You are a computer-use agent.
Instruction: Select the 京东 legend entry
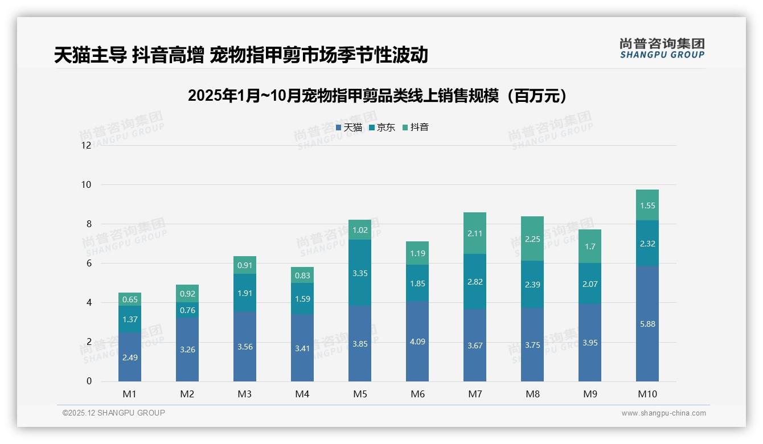tap(382, 128)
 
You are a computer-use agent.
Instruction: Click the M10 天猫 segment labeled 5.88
tap(647, 324)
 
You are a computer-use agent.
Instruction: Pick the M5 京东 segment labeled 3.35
tap(360, 273)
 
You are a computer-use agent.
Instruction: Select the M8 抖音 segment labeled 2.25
tap(532, 239)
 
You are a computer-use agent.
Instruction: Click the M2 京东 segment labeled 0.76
tap(187, 310)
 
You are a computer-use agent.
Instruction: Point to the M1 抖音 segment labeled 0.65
tap(130, 299)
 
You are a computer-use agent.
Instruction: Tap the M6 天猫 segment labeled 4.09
tap(417, 342)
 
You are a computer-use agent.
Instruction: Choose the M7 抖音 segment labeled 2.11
tap(475, 233)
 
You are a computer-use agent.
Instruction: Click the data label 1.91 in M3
tap(245, 294)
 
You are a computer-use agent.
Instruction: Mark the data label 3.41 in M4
tap(302, 348)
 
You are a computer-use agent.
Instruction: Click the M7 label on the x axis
tap(475, 394)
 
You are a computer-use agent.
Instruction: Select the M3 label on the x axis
tap(245, 394)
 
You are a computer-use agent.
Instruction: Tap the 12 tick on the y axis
tap(86, 145)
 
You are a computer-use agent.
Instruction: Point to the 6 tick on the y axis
tap(88, 263)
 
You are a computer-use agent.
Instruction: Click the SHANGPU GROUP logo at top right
tap(662, 48)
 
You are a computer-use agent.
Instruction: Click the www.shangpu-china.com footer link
tap(663, 413)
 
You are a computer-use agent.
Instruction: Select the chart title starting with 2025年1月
tap(378, 96)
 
